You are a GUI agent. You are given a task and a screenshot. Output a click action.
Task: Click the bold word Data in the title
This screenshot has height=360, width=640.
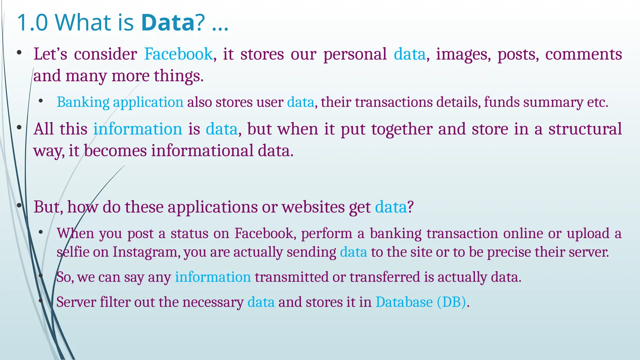(x=168, y=22)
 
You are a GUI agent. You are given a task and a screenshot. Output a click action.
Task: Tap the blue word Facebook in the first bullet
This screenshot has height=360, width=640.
(x=178, y=54)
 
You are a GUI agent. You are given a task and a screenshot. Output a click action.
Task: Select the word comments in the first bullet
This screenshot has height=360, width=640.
(x=583, y=54)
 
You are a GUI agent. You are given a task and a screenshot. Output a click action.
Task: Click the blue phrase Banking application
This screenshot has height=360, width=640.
(x=120, y=102)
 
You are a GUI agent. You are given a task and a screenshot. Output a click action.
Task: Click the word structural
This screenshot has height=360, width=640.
(x=585, y=129)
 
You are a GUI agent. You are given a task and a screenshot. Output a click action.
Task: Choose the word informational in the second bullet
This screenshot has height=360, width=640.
(x=202, y=151)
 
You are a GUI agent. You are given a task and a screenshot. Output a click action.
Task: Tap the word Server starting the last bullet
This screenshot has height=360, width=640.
(x=76, y=302)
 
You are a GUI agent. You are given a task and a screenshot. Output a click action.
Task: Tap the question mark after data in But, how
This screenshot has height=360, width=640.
(x=410, y=207)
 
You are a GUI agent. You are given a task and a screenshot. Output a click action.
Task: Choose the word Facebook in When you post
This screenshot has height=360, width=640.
(x=264, y=233)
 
